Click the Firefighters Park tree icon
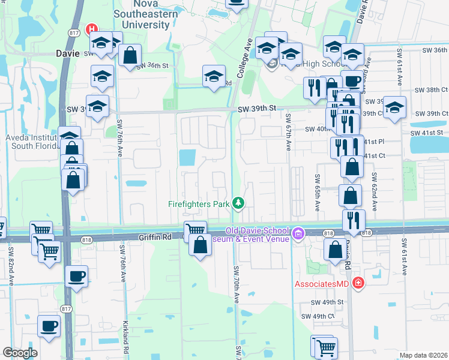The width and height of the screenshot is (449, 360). click(239, 203)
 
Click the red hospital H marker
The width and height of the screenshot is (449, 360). click(91, 28)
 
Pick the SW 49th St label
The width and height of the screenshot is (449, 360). click(327, 302)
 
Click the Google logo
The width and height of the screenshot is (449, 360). click(20, 353)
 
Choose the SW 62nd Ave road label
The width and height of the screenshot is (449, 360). click(374, 192)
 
